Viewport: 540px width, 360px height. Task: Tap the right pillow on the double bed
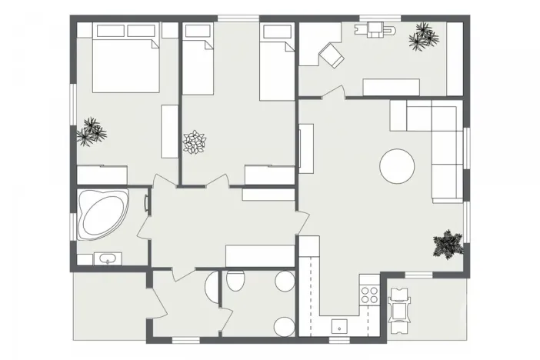[141, 31]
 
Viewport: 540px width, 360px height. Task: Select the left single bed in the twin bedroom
[198, 67]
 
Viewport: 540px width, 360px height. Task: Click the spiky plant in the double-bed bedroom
[92, 132]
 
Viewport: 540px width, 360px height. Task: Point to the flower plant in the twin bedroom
[195, 142]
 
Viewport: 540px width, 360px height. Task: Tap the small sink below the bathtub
[105, 258]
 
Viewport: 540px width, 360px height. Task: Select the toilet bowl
[235, 282]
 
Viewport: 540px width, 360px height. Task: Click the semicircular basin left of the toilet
[212, 286]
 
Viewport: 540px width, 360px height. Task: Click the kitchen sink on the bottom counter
[338, 328]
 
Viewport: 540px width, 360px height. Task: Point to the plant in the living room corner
[447, 245]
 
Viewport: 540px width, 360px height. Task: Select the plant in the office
[422, 36]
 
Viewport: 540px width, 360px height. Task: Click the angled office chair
[333, 55]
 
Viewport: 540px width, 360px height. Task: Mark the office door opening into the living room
[332, 93]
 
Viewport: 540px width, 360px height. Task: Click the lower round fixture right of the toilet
[284, 326]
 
